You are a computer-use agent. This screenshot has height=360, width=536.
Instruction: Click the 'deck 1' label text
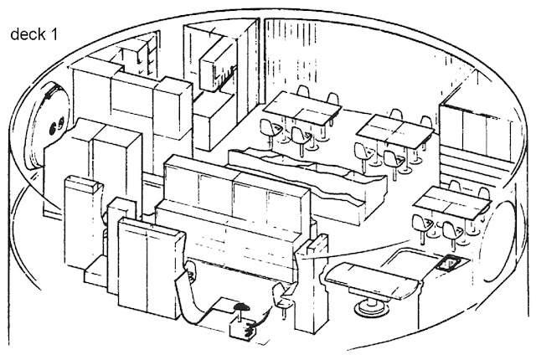click(x=34, y=34)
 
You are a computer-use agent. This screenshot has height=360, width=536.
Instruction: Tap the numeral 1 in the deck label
click(x=54, y=34)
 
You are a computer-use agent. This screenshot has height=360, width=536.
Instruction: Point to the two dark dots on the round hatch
click(x=57, y=125)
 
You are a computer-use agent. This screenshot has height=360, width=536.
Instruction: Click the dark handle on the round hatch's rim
click(x=50, y=92)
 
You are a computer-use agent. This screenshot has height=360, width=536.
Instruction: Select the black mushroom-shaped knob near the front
click(x=240, y=307)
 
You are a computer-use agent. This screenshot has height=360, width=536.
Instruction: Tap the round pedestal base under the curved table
click(x=371, y=306)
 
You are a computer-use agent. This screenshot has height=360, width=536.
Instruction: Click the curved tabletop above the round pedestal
click(x=373, y=280)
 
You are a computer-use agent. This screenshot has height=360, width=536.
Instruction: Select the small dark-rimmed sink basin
click(x=451, y=264)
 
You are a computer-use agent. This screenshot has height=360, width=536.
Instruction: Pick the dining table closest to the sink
click(x=452, y=203)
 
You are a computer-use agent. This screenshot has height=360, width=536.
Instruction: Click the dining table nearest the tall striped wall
click(x=303, y=107)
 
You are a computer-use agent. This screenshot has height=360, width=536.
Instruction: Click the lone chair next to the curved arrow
click(x=282, y=296)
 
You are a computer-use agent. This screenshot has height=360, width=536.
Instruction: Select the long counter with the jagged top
click(x=307, y=184)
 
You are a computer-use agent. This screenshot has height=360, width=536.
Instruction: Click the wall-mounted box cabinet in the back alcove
click(x=218, y=67)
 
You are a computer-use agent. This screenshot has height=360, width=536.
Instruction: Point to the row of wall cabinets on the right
click(x=477, y=131)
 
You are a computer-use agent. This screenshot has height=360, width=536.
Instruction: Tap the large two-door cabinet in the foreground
click(x=149, y=267)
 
